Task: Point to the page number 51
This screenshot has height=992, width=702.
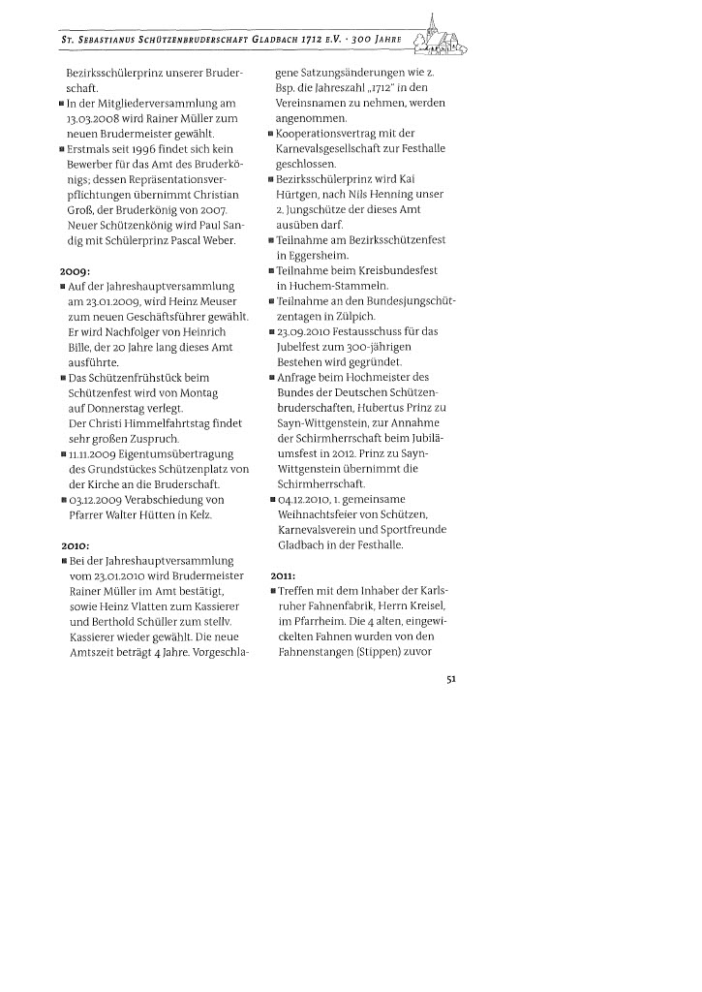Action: (x=450, y=679)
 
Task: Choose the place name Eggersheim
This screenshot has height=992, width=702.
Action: (x=311, y=256)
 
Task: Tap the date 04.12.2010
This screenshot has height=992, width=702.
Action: (x=305, y=499)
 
